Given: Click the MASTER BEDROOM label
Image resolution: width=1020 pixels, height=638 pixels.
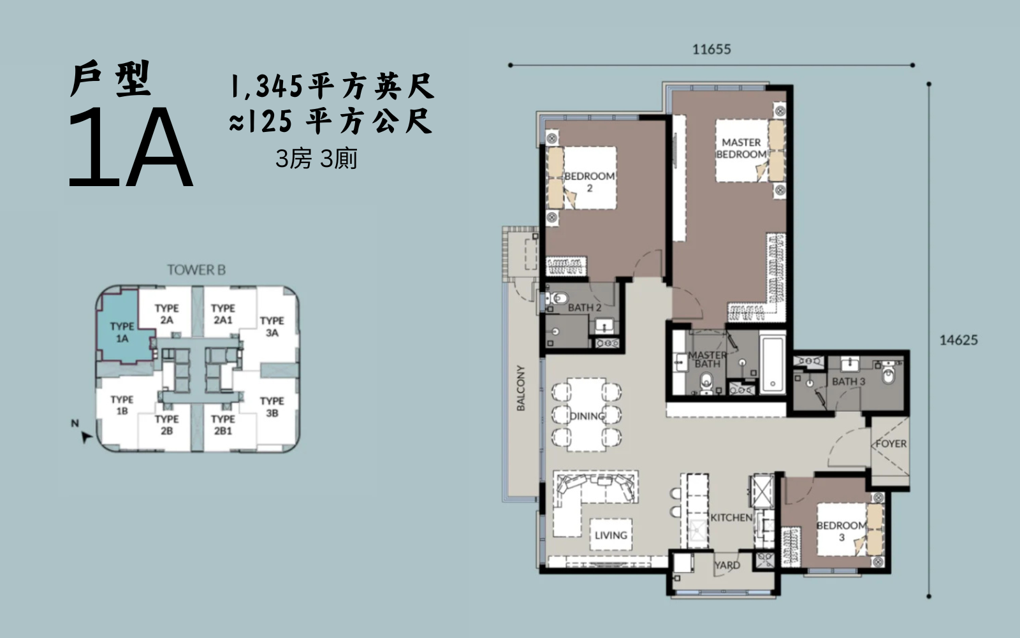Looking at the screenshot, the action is pyautogui.click(x=741, y=149).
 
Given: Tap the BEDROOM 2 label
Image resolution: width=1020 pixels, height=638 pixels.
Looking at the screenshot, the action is pyautogui.click(x=589, y=182).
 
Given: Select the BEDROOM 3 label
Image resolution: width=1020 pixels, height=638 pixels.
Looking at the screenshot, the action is pyautogui.click(x=841, y=531).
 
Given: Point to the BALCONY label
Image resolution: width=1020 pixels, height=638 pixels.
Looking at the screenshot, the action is pyautogui.click(x=520, y=388).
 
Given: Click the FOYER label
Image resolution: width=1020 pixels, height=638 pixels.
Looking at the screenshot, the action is pyautogui.click(x=891, y=444).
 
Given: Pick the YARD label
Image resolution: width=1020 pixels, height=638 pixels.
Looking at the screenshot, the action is pyautogui.click(x=727, y=565).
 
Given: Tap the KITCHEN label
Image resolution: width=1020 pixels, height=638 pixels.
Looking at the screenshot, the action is pyautogui.click(x=731, y=518).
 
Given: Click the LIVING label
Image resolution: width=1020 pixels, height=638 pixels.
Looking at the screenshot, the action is pyautogui.click(x=611, y=535).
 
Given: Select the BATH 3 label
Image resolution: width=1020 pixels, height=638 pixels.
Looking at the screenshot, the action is pyautogui.click(x=849, y=381).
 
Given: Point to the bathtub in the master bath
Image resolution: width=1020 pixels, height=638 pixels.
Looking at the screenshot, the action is pyautogui.click(x=772, y=365).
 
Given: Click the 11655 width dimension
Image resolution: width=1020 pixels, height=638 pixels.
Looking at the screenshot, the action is pyautogui.click(x=711, y=49).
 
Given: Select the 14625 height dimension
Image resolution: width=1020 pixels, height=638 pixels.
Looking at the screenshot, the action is pyautogui.click(x=959, y=340).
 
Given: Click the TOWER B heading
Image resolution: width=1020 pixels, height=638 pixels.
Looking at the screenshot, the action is pyautogui.click(x=196, y=270).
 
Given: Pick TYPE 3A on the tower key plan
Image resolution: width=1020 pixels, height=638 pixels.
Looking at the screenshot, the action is pyautogui.click(x=272, y=326).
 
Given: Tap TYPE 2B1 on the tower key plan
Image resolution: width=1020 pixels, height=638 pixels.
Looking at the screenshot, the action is pyautogui.click(x=222, y=424).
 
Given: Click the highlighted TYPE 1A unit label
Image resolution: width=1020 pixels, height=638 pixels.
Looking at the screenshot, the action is pyautogui.click(x=122, y=333).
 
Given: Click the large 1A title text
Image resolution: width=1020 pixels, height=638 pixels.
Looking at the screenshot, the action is pyautogui.click(x=131, y=148).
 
